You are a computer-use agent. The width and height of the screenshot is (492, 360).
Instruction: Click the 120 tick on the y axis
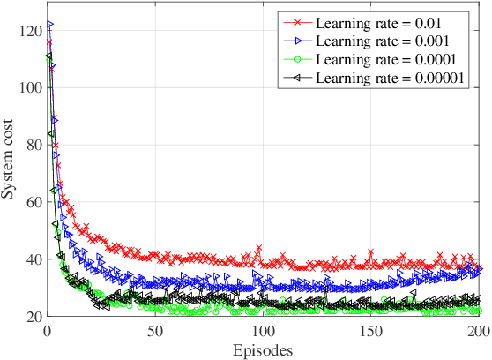31,31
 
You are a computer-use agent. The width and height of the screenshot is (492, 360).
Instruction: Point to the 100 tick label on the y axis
31,88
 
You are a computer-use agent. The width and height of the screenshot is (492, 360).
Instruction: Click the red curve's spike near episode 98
258,248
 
